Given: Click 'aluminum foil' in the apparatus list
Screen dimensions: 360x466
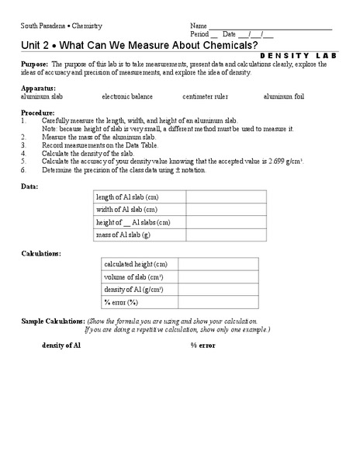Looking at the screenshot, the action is (284, 96).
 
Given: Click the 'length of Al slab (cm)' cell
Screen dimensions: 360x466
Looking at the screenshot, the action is (133, 197).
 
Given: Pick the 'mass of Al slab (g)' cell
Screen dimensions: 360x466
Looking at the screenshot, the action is (133, 235).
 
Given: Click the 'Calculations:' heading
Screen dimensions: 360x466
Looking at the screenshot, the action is (41, 254).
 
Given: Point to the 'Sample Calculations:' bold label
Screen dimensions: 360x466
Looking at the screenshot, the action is (53, 321).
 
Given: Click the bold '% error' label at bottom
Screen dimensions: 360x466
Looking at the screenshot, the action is (203, 344).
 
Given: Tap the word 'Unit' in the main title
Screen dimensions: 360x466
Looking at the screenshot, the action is (33, 44).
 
